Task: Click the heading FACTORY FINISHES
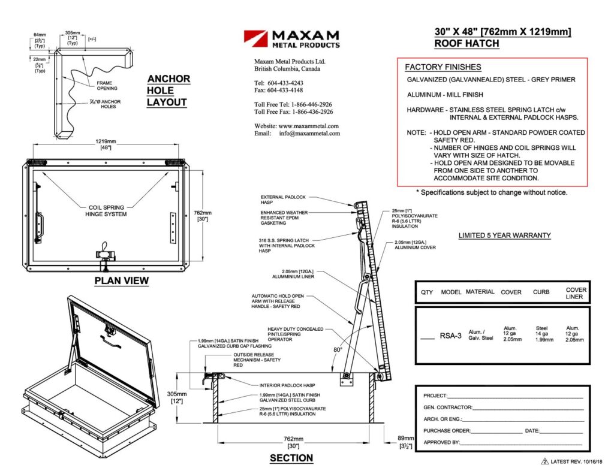tap(443, 67)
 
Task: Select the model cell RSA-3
tap(450, 336)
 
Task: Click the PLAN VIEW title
tap(122, 281)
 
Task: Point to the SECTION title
tap(291, 458)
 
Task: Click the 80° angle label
tap(339, 349)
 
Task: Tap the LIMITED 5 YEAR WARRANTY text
tap(504, 236)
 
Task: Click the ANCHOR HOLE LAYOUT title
tap(168, 90)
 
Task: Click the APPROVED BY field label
tap(441, 442)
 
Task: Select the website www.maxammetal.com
tap(309, 126)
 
